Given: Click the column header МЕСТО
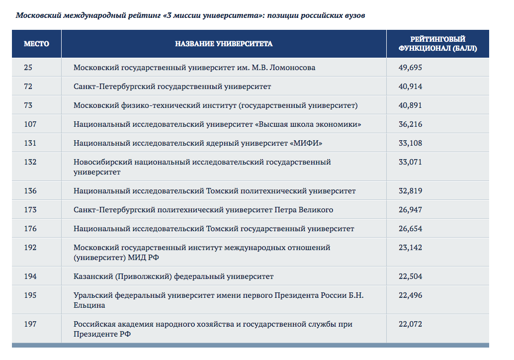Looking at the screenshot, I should (36, 44).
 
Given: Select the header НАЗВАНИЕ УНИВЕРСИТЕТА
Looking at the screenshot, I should (224, 44).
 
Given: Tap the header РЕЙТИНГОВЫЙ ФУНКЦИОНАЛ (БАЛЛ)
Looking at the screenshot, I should (437, 44).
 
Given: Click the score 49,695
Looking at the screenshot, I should (410, 68).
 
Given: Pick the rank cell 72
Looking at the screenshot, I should (28, 87).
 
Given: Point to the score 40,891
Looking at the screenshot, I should (410, 105).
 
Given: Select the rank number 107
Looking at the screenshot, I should (30, 124).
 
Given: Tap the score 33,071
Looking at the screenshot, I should (410, 162).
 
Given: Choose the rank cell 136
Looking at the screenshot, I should (30, 191).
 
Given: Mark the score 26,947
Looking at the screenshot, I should (410, 210).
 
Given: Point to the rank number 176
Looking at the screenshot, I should (30, 229).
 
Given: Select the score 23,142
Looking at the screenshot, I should (410, 248).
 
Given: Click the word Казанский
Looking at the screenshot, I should (93, 276).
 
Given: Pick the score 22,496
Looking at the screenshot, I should (410, 295).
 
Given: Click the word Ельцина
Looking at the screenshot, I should (89, 305).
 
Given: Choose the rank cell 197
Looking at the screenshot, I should (30, 324).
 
